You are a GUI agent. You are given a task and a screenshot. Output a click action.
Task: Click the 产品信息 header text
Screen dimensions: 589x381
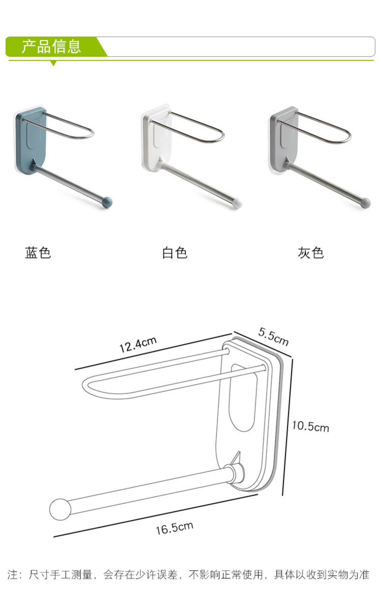pyautogui.click(x=51, y=46)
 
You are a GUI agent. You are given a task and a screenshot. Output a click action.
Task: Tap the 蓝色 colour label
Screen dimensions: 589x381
pyautogui.click(x=38, y=253)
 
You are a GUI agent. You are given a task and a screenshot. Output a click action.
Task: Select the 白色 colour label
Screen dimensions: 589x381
pyautogui.click(x=175, y=253)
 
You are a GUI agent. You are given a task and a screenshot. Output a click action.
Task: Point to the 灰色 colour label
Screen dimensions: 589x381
pyautogui.click(x=311, y=253)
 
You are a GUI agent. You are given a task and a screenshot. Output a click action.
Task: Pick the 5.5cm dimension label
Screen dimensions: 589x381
pyautogui.click(x=273, y=337)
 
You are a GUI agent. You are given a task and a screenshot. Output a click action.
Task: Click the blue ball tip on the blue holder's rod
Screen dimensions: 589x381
pyautogui.click(x=107, y=202)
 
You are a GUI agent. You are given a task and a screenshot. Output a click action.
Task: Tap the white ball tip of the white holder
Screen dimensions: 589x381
pyautogui.click(x=237, y=203)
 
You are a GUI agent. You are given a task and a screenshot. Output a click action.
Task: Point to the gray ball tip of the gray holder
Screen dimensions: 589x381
pyautogui.click(x=366, y=202)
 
